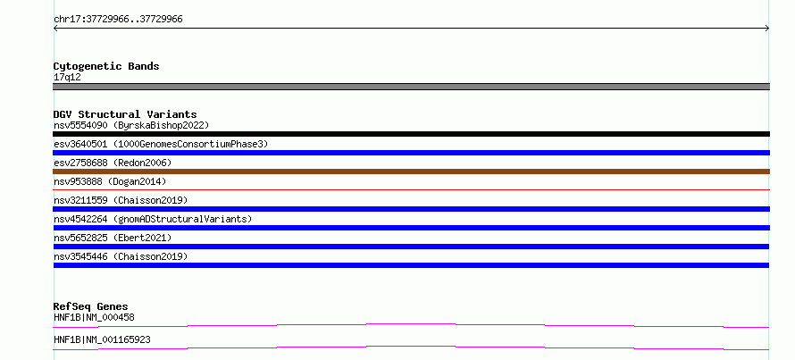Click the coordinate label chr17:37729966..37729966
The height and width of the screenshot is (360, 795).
coord(118,20)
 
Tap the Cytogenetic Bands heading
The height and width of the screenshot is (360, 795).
coord(106,66)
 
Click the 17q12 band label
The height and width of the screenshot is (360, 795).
coord(67,78)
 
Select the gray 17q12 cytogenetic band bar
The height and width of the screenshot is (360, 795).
coord(411,87)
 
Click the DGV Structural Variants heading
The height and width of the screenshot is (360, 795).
coord(125,114)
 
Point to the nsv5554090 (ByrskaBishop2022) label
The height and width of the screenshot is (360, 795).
coord(131,125)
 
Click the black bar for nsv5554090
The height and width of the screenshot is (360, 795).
coord(411,134)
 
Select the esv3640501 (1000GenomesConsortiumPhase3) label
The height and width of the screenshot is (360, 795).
coord(161,144)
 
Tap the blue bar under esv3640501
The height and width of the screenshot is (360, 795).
coord(411,153)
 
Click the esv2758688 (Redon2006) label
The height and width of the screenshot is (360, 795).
coord(113,163)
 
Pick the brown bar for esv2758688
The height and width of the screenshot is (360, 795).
coord(411,172)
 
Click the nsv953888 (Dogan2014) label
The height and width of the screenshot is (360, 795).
coord(110,181)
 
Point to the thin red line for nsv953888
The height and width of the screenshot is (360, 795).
coord(411,189)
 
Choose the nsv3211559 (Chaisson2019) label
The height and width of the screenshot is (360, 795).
coord(121,200)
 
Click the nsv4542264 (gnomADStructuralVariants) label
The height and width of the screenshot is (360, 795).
coord(153,219)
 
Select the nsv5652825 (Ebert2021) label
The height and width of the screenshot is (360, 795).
coord(113,238)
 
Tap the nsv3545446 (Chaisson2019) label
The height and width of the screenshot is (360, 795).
coord(121,256)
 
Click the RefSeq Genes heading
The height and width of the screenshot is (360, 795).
coord(91,306)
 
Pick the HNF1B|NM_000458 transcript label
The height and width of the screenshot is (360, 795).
coord(94,317)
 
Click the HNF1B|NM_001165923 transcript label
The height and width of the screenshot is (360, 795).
coord(102,339)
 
